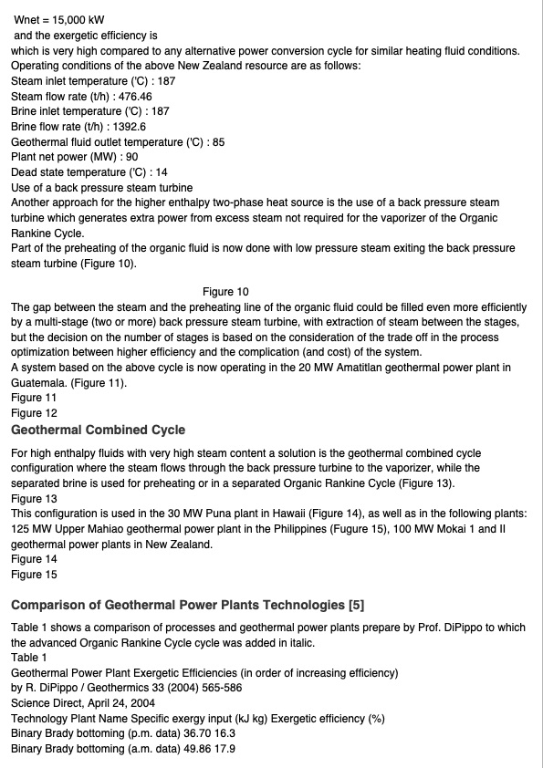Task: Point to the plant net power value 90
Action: coord(132,157)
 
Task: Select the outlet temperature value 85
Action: coord(218,142)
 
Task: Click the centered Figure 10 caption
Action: coord(225,292)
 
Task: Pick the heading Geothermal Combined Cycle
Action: coord(98,430)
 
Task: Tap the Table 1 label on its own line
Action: coord(29,658)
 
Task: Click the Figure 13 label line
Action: coord(33,499)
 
